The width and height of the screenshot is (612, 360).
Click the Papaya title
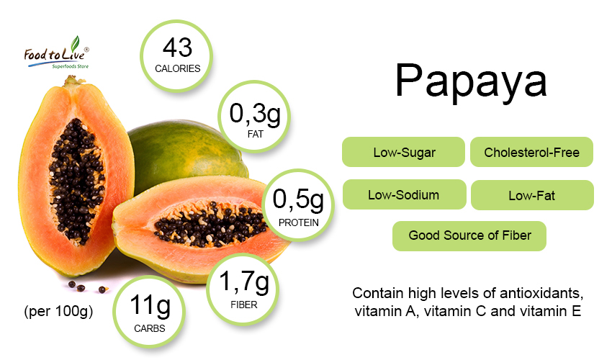(x=471, y=82)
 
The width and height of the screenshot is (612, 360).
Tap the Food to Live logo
(x=57, y=53)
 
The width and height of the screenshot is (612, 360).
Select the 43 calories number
(x=178, y=48)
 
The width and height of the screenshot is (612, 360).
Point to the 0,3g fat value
(x=255, y=114)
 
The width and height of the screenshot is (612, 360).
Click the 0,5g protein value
(x=298, y=199)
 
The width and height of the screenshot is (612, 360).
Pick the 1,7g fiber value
(x=244, y=282)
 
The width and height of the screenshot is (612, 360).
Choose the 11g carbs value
(x=150, y=305)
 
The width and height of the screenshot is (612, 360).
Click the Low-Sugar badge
(x=404, y=152)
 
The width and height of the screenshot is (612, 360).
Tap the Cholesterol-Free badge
(x=531, y=152)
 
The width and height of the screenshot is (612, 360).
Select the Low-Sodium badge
(x=405, y=194)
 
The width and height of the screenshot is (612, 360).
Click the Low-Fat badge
(x=532, y=195)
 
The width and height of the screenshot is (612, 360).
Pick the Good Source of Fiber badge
(x=469, y=236)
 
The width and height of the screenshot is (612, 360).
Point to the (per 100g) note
(x=58, y=312)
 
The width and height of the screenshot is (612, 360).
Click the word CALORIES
(x=178, y=68)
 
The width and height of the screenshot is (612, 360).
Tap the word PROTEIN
(x=299, y=222)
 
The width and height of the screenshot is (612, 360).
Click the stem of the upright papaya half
(x=73, y=81)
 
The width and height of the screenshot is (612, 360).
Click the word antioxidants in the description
(x=541, y=293)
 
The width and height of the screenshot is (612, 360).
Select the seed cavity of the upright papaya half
(x=77, y=181)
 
